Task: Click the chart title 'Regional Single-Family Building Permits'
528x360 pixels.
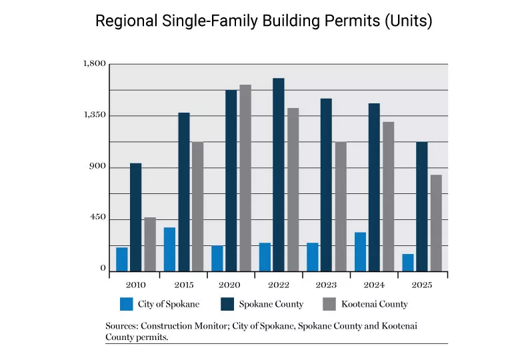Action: (x=264, y=21)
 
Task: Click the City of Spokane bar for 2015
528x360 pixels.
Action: (x=169, y=249)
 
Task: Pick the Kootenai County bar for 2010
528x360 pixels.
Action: (x=150, y=244)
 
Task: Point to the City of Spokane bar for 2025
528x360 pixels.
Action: (x=408, y=263)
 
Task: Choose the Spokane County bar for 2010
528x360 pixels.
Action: (x=136, y=217)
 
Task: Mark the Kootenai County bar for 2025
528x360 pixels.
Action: (x=436, y=223)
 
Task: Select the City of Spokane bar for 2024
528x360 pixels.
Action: (x=360, y=251)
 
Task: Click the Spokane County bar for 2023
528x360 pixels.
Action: (x=326, y=185)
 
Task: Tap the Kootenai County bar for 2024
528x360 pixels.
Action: (x=389, y=197)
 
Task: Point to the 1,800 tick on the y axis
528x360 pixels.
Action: (x=95, y=64)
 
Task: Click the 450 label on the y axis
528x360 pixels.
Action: (x=98, y=219)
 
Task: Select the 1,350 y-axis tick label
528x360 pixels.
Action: (x=95, y=115)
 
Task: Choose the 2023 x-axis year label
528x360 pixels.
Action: (x=327, y=285)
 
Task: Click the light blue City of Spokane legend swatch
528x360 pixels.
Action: (x=125, y=304)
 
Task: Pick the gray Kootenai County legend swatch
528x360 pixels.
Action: (x=329, y=304)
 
